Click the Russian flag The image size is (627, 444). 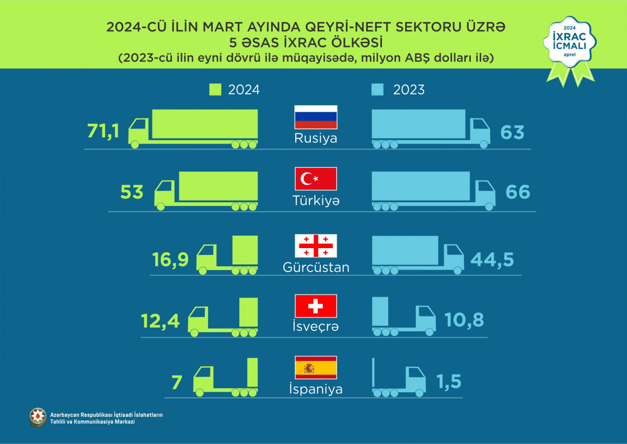316,118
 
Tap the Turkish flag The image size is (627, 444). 316,179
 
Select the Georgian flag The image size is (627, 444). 316,246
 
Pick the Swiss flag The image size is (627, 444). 316,306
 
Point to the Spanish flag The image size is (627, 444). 316,368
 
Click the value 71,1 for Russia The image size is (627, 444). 103,132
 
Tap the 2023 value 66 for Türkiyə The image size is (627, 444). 517,192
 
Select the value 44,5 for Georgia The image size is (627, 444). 491,260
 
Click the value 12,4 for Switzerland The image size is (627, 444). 160,320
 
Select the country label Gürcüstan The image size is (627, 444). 316,267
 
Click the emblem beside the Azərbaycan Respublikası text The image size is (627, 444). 38,417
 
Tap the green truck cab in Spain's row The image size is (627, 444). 204,378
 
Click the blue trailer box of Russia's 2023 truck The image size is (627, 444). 418,124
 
